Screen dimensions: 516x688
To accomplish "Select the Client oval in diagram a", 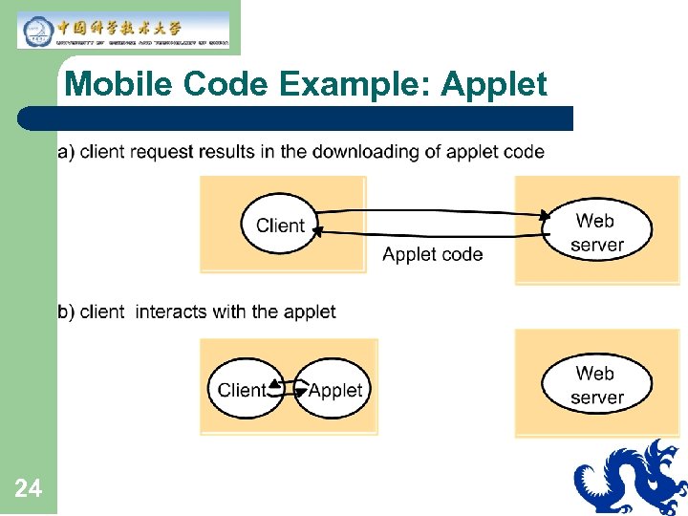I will (280, 226).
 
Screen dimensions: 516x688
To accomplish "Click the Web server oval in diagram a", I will (596, 232).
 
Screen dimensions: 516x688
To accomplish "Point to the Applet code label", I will (432, 254).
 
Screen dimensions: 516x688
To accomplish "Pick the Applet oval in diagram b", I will (335, 390).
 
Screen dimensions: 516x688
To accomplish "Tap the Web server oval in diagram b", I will (596, 385).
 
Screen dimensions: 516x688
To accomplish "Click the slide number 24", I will (29, 490).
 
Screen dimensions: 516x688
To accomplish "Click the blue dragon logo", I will (631, 477).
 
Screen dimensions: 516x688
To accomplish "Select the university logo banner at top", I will (123, 30).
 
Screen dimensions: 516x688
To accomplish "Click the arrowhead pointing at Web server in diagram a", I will (545, 217).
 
